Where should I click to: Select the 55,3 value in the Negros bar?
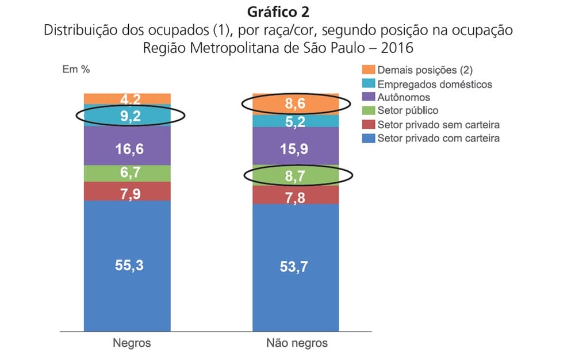coord(127,266)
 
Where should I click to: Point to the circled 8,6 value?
coord(296,104)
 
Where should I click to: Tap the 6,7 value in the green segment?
coord(127,173)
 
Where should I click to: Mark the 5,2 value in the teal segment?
coord(296,121)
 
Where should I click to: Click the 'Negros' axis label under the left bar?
coord(131,343)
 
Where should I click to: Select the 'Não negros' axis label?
coord(297,343)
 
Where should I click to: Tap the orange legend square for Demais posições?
coord(368,70)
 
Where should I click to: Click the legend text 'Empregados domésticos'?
coord(435,84)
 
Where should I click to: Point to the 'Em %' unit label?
coord(76,70)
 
